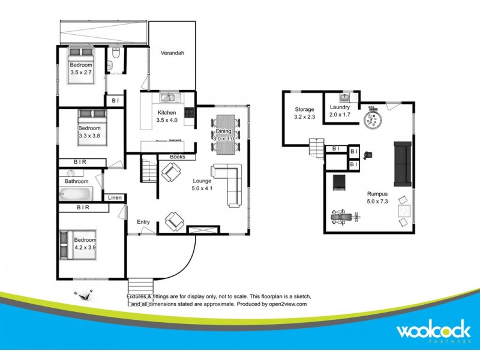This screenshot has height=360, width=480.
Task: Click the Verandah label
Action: click(172, 53)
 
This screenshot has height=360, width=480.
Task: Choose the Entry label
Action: click(143, 222)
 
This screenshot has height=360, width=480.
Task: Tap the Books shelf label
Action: click(177, 157)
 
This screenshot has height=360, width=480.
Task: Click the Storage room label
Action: click(304, 109)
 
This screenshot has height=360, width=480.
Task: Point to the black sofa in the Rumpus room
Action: click(403, 163)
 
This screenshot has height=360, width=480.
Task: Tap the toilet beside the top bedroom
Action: click(115, 57)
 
